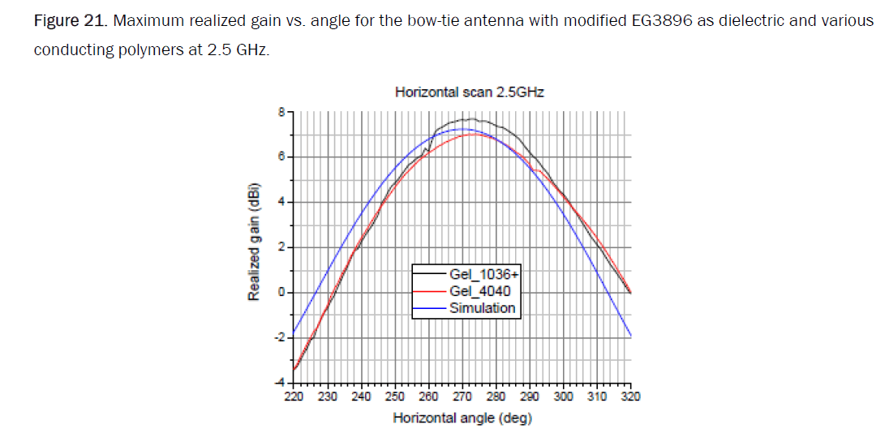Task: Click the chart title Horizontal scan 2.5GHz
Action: coord(469,92)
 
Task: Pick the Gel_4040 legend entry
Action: coord(480,291)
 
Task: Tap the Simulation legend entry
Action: coord(482,308)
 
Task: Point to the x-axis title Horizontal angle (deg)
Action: coord(462,418)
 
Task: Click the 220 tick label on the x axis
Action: coord(294,397)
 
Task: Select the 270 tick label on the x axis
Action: coord(462,397)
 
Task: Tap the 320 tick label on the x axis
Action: coord(630,397)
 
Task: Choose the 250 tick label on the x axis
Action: coord(395,397)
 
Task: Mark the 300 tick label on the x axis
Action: coord(563,397)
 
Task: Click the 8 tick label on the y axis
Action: coord(281,112)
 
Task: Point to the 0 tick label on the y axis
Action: coord(281,293)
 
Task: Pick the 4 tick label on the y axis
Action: coord(281,202)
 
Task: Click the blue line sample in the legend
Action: coord(430,308)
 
